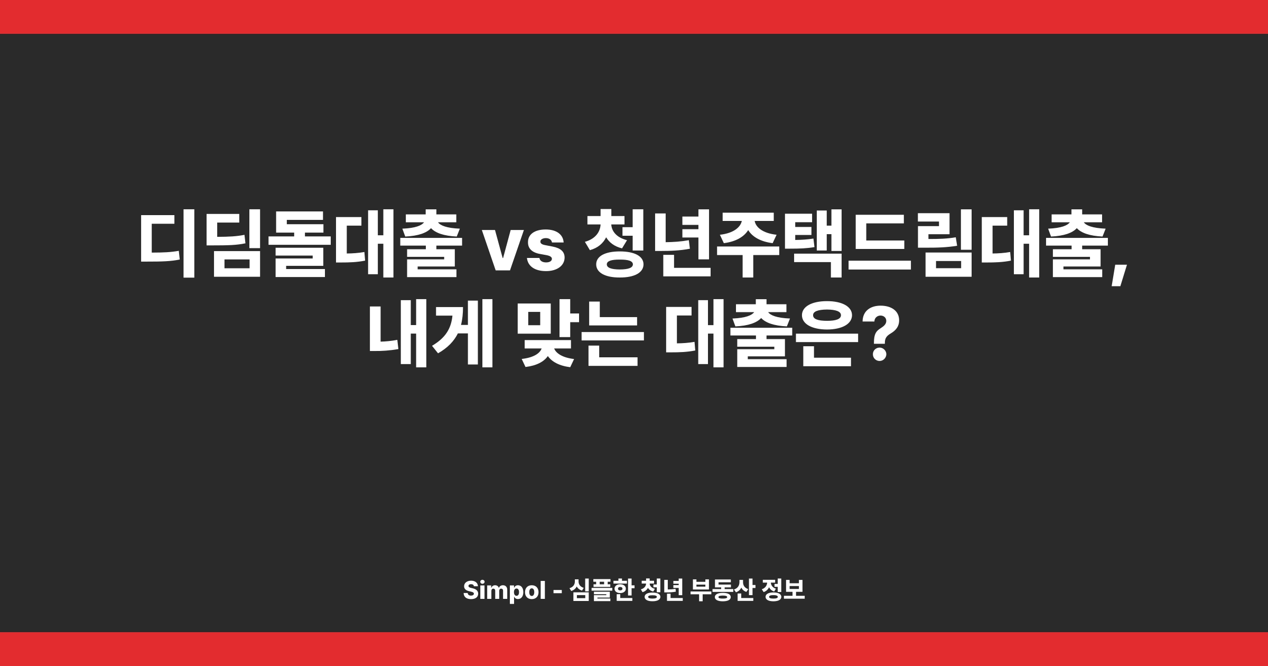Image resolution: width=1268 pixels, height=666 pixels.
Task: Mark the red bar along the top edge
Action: (x=634, y=16)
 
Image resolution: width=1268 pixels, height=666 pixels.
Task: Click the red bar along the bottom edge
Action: (x=634, y=649)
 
